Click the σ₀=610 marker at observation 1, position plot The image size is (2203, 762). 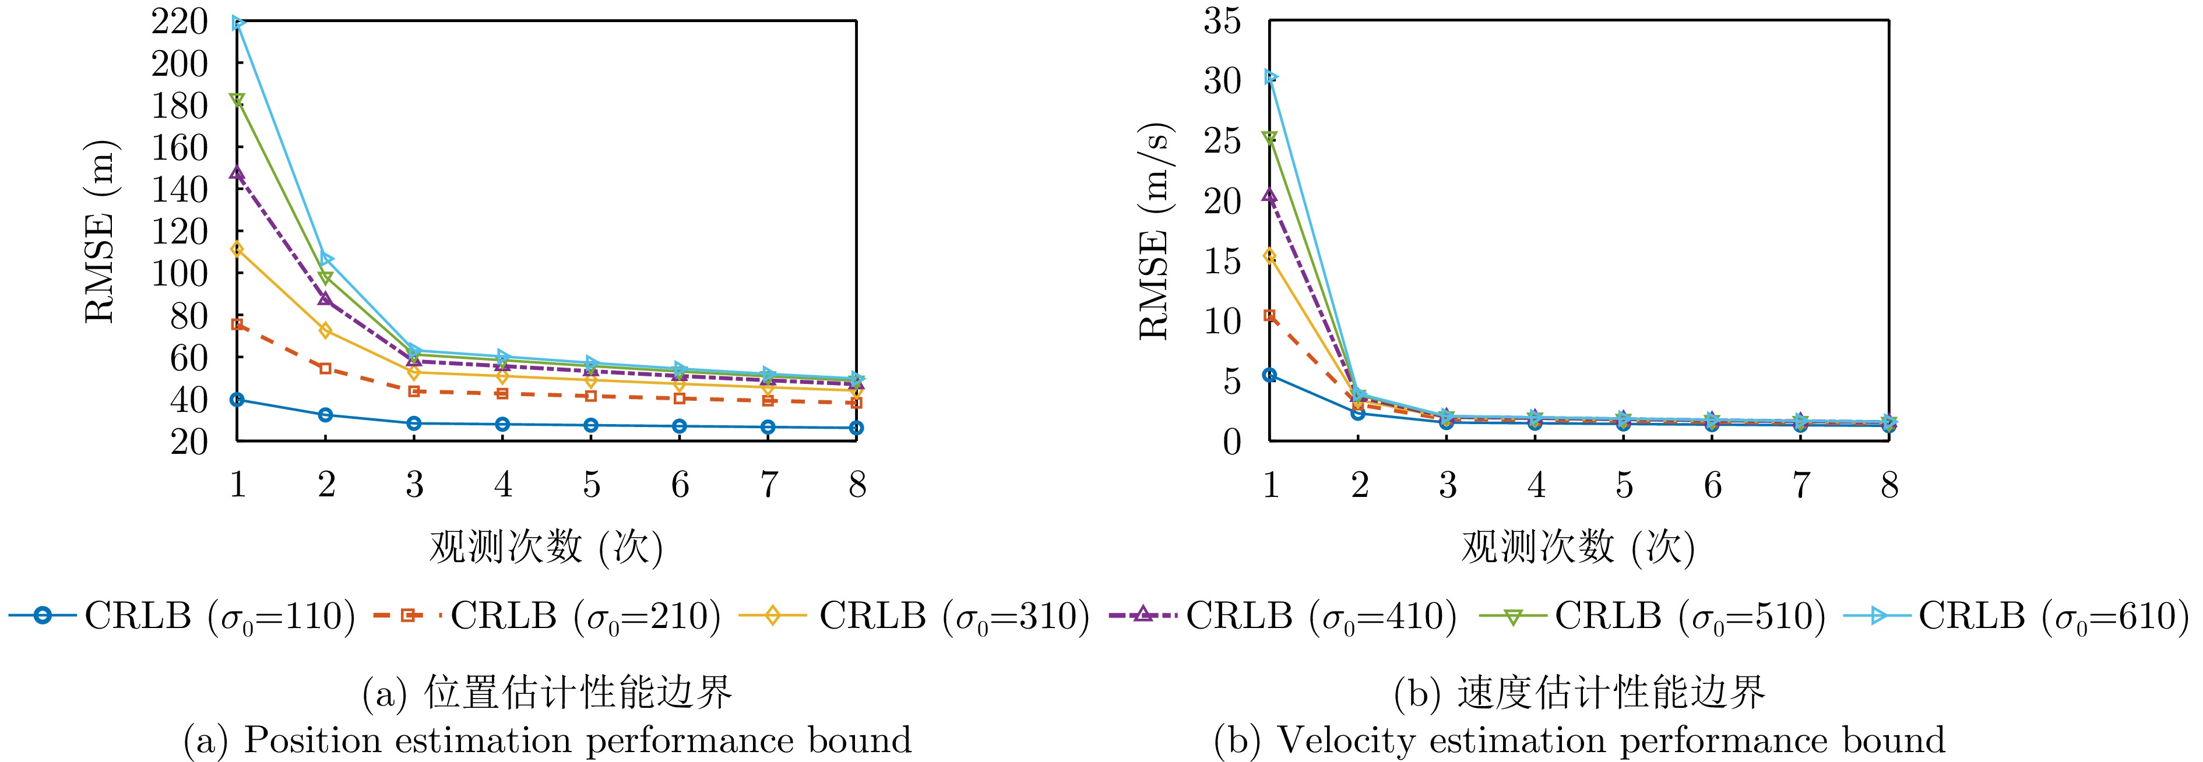tap(238, 23)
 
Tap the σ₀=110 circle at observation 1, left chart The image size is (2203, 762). tap(238, 400)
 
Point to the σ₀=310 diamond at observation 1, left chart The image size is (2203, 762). tap(238, 249)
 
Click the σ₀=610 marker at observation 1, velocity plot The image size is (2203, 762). tap(1271, 77)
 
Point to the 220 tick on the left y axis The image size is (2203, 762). tap(180, 22)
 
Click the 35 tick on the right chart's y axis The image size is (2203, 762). tap(1223, 22)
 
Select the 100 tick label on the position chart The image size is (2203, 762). tap(180, 274)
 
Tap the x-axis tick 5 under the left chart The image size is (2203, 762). tap(592, 485)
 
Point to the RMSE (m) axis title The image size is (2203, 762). tap(101, 231)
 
